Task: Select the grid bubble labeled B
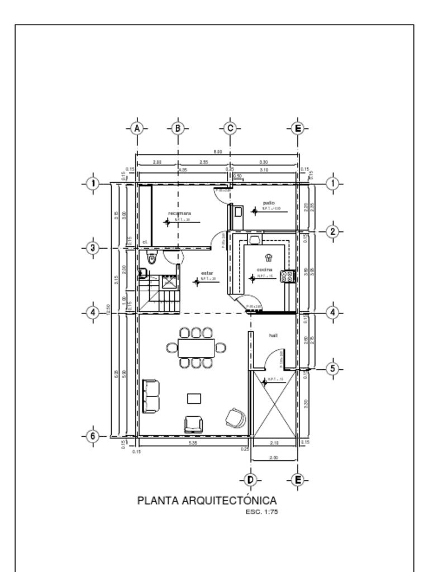pos(177,128)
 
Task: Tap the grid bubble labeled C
pos(230,128)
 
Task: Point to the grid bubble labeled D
pos(250,480)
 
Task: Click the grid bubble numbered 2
pos(332,231)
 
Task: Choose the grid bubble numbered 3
pos(93,248)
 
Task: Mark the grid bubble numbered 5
pos(332,369)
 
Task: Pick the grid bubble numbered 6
pos(93,436)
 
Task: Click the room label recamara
pos(179,213)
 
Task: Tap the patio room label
pos(269,202)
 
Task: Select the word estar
pos(207,273)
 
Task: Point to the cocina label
pos(265,270)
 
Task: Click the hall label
pos(274,335)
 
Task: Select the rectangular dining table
pos(196,348)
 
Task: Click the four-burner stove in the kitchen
pos(287,276)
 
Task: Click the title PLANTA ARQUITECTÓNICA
pos(207,500)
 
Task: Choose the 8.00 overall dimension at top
pos(218,151)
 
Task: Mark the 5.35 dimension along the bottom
pos(193,443)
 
